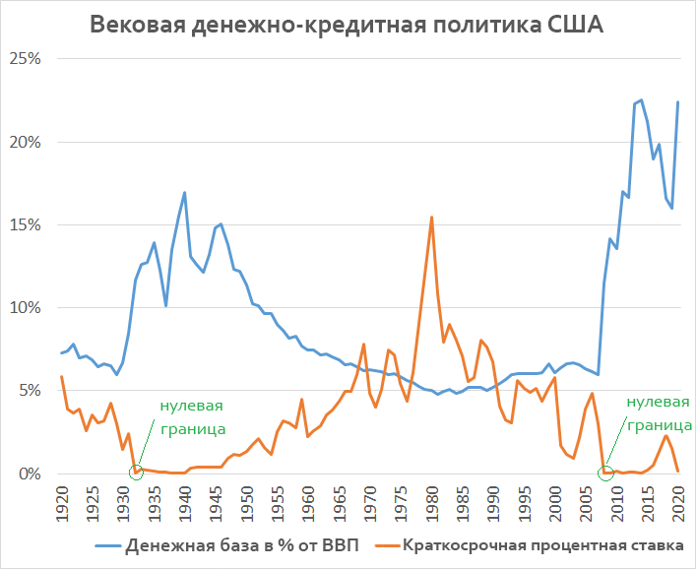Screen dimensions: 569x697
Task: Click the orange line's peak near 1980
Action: click(x=431, y=217)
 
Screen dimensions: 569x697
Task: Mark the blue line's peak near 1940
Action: click(x=184, y=192)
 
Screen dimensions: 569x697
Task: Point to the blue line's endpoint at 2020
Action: click(x=678, y=101)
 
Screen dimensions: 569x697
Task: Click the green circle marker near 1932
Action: click(x=136, y=473)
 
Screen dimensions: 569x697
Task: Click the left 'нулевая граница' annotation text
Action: click(x=192, y=417)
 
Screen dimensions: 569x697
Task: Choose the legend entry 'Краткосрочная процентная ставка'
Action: click(x=548, y=545)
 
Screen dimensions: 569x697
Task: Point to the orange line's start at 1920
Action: click(x=61, y=376)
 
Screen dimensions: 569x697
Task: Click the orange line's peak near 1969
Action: click(x=363, y=344)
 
